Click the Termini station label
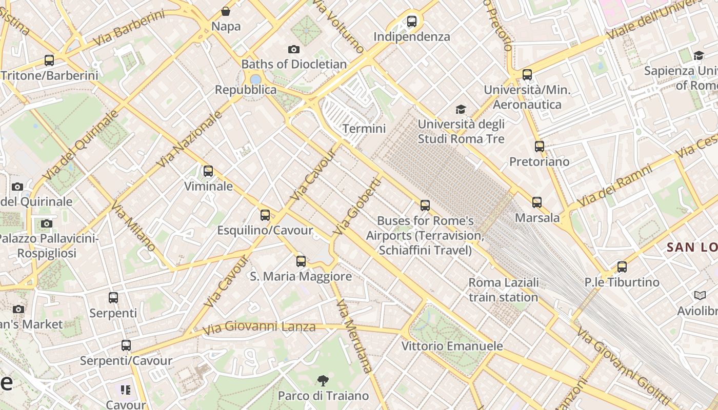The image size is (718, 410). [x=364, y=129]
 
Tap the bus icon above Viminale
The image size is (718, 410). [x=208, y=171]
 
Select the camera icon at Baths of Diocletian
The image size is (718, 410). [x=294, y=49]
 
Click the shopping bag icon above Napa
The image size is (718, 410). [x=226, y=11]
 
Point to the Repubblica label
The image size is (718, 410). [x=246, y=90]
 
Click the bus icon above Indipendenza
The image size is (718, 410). [x=412, y=22]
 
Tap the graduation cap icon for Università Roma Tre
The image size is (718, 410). [x=461, y=109]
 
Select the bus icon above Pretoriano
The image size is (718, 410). [x=540, y=147]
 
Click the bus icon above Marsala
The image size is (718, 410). [x=537, y=202]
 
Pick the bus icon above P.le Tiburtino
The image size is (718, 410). [x=622, y=267]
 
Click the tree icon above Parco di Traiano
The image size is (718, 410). [x=323, y=381]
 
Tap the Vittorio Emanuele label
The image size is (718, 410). [x=452, y=346]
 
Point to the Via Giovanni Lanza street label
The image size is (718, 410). [x=259, y=327]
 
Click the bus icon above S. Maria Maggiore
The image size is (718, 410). [x=301, y=261]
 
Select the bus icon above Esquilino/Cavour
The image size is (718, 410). [x=265, y=215]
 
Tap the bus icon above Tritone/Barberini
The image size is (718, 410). [x=49, y=60]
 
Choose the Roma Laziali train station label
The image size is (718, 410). [x=504, y=290]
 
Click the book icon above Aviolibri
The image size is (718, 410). [x=700, y=296]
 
